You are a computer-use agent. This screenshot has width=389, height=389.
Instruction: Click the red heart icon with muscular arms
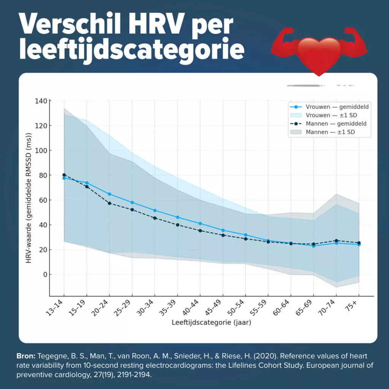click(319, 52)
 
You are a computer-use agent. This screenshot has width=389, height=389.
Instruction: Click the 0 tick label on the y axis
click(44, 275)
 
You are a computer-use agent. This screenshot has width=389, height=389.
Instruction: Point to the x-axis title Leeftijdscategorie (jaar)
click(211, 323)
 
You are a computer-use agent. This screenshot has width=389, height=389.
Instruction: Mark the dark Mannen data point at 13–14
click(64, 175)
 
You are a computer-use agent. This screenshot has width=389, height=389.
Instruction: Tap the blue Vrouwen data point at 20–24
click(109, 194)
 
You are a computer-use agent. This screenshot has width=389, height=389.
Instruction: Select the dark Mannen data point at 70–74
click(336, 240)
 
